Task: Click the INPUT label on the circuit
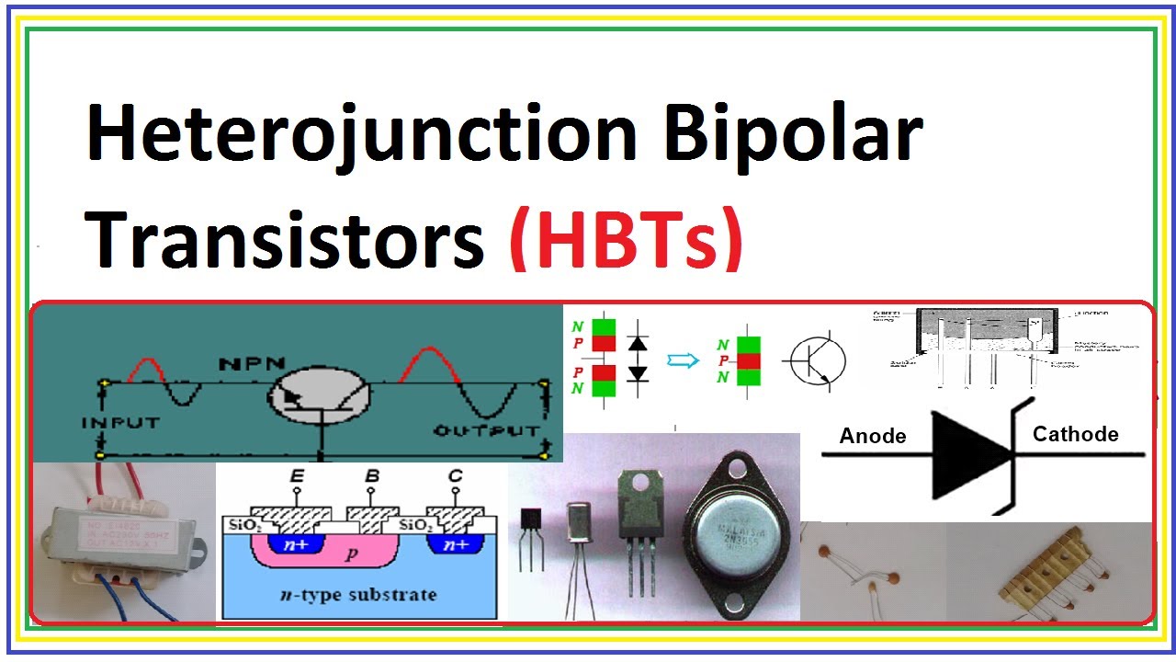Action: pyautogui.click(x=121, y=424)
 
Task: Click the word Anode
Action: pyautogui.click(x=873, y=436)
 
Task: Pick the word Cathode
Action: pyautogui.click(x=1075, y=434)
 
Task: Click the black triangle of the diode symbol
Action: pyautogui.click(x=969, y=454)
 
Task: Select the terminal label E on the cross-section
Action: pyautogui.click(x=297, y=477)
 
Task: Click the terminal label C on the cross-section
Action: pyautogui.click(x=455, y=477)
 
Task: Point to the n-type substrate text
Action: pyautogui.click(x=358, y=594)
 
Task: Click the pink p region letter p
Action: pyautogui.click(x=350, y=555)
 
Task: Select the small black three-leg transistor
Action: pyautogui.click(x=532, y=533)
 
